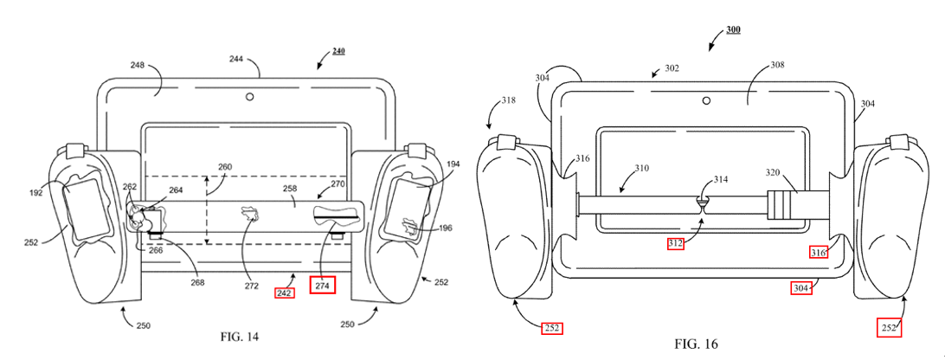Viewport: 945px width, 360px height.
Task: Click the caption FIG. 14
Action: [240, 337]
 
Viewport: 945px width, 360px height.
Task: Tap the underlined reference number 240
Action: [338, 51]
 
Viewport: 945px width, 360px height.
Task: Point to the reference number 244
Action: [236, 59]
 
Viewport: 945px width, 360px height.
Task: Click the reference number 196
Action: [446, 228]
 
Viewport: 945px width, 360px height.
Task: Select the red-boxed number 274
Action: [323, 286]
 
